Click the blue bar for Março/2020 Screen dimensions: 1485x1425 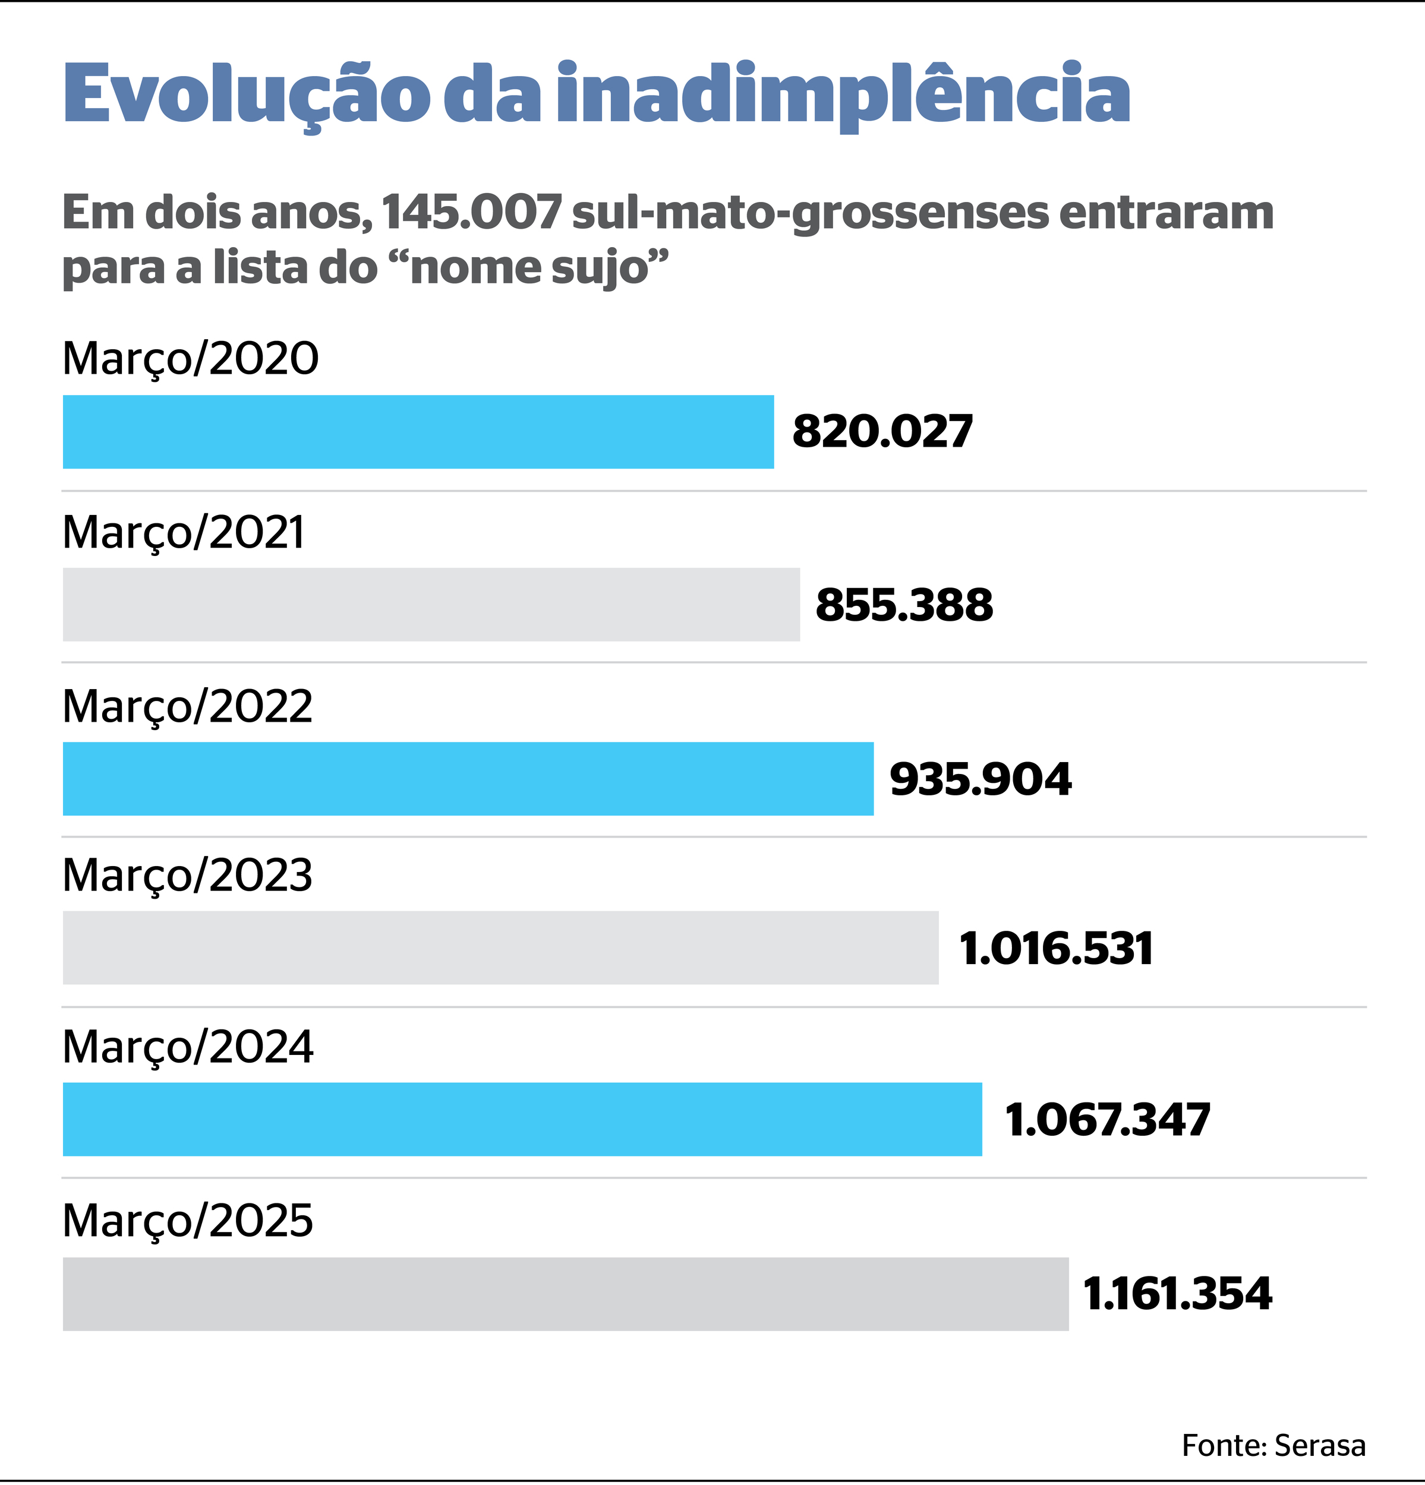(x=418, y=432)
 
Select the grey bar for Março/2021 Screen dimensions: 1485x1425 (x=431, y=605)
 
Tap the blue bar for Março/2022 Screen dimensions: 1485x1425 (x=468, y=779)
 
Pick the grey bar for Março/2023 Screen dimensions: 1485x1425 (x=500, y=948)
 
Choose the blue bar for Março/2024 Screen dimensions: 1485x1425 (x=522, y=1119)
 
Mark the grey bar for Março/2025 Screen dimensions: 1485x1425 (x=566, y=1294)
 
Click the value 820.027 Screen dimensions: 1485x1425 (x=882, y=432)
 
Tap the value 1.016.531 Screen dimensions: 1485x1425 (x=1056, y=949)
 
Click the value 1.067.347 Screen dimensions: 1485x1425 (x=1108, y=1120)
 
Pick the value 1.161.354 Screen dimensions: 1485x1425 (x=1178, y=1294)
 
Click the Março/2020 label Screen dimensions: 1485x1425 (x=190, y=359)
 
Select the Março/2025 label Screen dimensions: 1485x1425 (x=187, y=1221)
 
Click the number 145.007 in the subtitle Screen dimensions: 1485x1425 (x=471, y=213)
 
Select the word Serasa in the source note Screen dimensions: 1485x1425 (x=1320, y=1446)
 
